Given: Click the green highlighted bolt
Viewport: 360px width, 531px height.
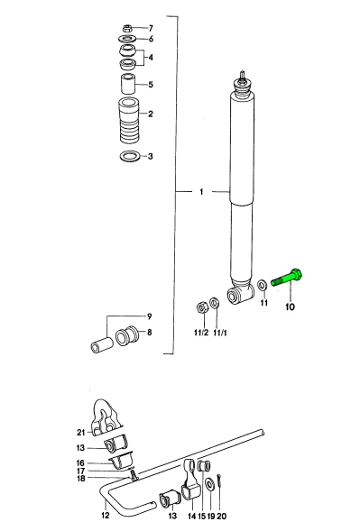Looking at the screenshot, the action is click(287, 278).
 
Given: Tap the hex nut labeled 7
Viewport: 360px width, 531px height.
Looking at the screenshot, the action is click(127, 28).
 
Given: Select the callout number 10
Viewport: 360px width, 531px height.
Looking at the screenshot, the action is click(290, 307).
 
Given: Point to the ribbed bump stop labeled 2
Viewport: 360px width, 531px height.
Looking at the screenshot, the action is click(129, 121).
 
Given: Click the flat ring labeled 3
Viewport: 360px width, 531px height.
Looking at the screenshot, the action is click(130, 156).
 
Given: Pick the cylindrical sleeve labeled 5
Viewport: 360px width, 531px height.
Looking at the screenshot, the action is click(128, 83).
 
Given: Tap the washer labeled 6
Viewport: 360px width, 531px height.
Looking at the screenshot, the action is click(127, 38).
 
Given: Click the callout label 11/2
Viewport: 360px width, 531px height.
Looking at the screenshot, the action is click(201, 333).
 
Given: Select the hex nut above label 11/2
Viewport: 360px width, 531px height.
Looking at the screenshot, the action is click(201, 307).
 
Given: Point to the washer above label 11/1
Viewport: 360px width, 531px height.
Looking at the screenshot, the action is click(214, 303).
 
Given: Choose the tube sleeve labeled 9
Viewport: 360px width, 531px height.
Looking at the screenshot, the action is click(101, 345).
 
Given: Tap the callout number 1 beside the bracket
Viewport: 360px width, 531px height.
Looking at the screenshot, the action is click(201, 192).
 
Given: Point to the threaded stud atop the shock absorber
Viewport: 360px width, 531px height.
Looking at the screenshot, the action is click(243, 76).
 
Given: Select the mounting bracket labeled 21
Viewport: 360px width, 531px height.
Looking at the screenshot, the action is click(106, 417).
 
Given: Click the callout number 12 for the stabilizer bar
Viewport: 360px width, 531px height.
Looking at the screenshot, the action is click(106, 515).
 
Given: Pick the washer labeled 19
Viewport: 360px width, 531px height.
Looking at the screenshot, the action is click(210, 483).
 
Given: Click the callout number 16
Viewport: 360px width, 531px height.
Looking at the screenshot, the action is click(80, 462).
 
